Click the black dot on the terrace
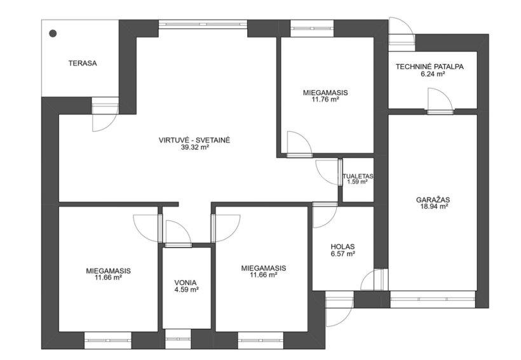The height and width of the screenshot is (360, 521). pos(53,33)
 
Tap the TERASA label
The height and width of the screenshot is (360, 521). pos(83,63)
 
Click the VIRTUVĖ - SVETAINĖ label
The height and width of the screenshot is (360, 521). pos(194,140)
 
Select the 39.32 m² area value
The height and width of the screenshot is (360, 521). pos(194,147)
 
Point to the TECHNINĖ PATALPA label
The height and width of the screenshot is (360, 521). pos(430,67)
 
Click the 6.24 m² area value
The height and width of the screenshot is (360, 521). pos(433,74)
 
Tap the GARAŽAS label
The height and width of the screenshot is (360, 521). pos(433,200)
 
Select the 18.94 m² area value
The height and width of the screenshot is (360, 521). pos(433,206)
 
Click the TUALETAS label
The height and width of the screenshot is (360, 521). pos(358,177)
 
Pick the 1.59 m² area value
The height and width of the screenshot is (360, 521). pos(357,182)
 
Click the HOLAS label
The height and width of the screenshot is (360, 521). pos(342,247)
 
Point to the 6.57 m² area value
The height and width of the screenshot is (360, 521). pos(342,254)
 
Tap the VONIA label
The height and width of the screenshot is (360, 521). pos(186,283)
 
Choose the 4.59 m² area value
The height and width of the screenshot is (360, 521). pos(186,290)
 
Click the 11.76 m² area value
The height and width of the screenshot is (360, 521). pos(325,99)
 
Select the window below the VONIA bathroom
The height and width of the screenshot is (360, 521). pos(178,340)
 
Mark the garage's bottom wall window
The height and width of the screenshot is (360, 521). pos(433,299)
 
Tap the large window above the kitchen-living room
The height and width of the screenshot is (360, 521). pos(203,24)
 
